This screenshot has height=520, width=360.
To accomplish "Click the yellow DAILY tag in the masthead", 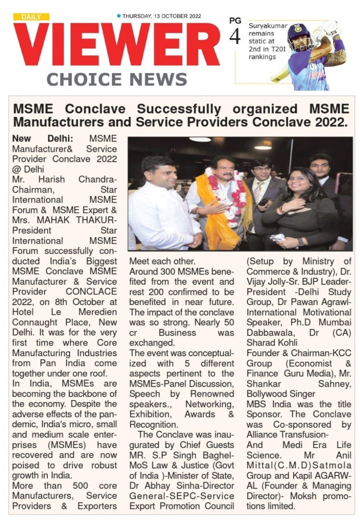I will click(x=31, y=17).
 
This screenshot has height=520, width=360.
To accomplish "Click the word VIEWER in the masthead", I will click(x=116, y=45).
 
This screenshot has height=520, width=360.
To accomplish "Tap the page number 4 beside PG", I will click(x=235, y=37).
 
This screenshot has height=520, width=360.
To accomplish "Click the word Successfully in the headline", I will click(x=179, y=109).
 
